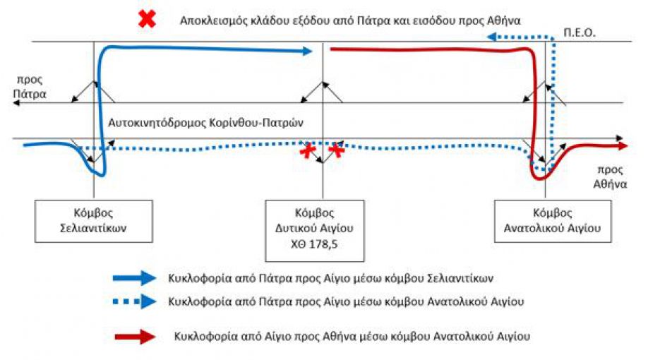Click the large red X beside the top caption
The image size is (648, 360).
click(147, 19)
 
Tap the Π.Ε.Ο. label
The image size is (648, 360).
click(580, 32)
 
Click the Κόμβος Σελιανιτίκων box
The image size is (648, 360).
click(94, 221)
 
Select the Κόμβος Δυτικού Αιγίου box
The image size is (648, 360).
click(315, 231)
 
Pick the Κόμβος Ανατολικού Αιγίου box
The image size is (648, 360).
click(553, 221)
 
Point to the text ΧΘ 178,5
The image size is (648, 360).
click(314, 244)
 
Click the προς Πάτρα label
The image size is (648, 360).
click(30, 87)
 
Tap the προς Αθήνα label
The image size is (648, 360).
click(610, 176)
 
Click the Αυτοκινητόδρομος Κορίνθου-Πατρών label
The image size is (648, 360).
click(206, 123)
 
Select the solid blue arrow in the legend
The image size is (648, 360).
click(135, 277)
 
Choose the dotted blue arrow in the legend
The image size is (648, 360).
click(135, 301)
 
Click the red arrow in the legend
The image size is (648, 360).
click(135, 337)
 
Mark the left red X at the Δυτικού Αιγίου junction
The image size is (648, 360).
click(308, 150)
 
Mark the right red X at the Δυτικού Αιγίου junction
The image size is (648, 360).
click(337, 150)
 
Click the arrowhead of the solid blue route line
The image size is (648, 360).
click(308, 52)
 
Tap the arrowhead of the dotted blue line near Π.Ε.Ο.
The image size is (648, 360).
click(492, 37)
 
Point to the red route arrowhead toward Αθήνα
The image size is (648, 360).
click(623, 146)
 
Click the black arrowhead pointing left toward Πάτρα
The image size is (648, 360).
click(16, 102)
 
